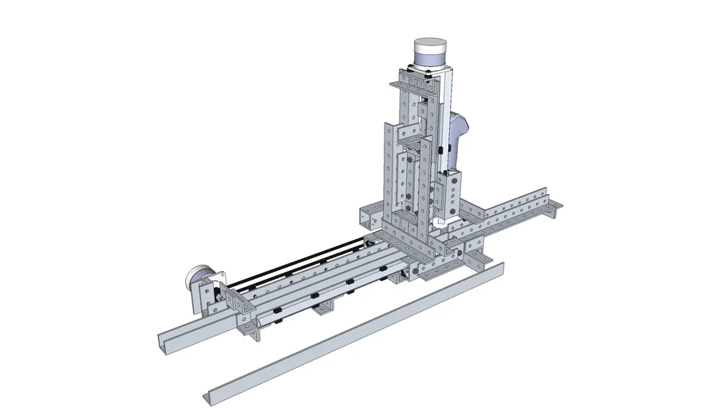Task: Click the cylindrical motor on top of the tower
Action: pos(428,53)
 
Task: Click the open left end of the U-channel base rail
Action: pos(167,343)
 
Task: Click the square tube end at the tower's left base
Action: pos(369,216)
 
